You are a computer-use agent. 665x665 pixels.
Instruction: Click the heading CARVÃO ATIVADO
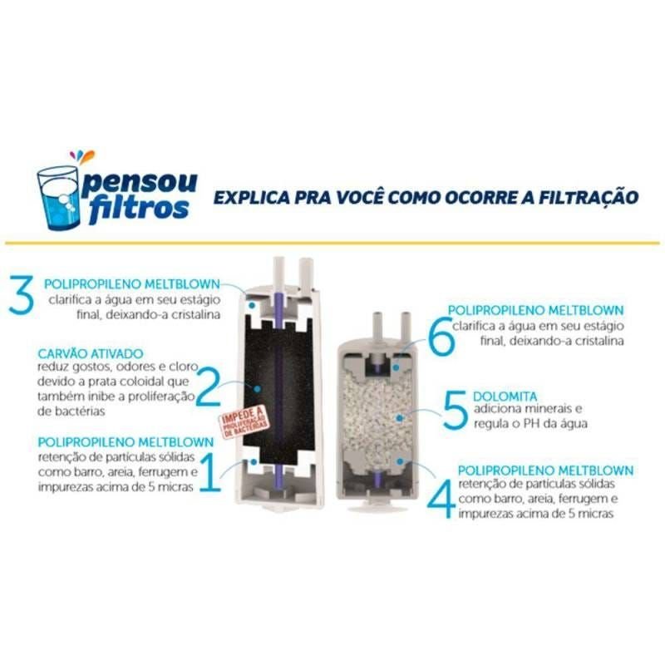point(91,353)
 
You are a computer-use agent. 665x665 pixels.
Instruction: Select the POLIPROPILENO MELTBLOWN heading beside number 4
point(545,470)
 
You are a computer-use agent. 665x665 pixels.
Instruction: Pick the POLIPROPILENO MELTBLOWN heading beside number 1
point(125,441)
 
